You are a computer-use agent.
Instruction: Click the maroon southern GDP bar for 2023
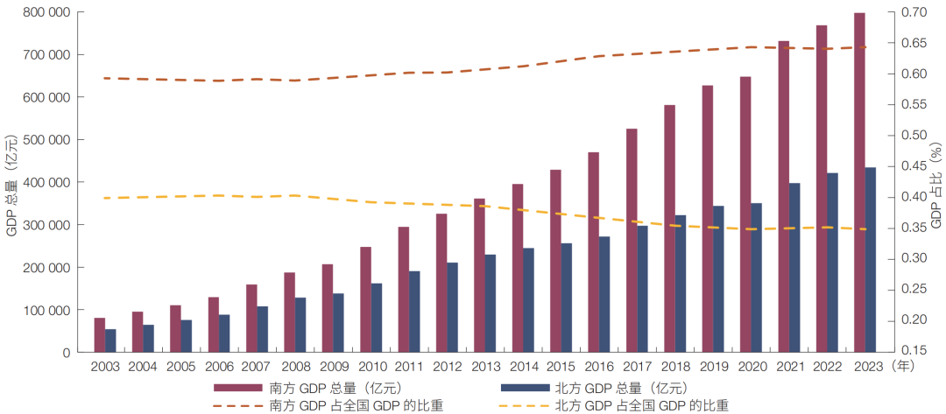pyautogui.click(x=860, y=182)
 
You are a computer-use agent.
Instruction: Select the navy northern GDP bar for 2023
pyautogui.click(x=871, y=260)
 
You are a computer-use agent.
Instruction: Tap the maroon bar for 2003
pyautogui.click(x=100, y=334)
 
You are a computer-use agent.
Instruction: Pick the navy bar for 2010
pyautogui.click(x=376, y=318)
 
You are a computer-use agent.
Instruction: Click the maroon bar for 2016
pyautogui.click(x=594, y=252)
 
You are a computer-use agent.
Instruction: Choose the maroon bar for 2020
pyautogui.click(x=745, y=214)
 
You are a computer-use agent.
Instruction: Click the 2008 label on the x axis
pyautogui.click(x=295, y=367)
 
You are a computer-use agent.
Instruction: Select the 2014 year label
pyautogui.click(x=523, y=367)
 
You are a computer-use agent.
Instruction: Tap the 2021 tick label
pyautogui.click(x=789, y=367)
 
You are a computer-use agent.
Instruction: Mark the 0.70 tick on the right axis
pyautogui.click(x=914, y=12)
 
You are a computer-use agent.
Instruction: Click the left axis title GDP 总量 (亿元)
pyautogui.click(x=11, y=181)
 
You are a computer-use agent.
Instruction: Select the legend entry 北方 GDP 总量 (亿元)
pyautogui.click(x=595, y=388)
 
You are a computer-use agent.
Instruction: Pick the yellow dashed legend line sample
pyautogui.click(x=525, y=406)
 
